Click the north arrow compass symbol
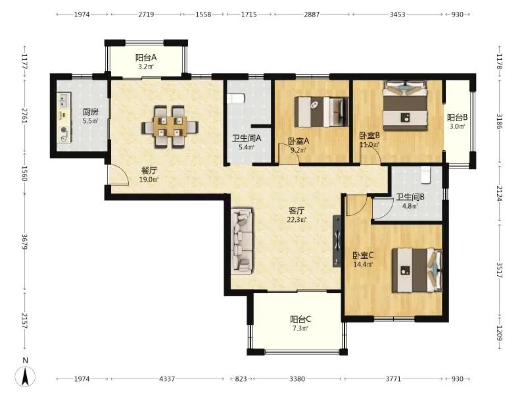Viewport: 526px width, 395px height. (x=25, y=375)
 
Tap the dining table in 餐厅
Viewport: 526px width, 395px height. (x=170, y=126)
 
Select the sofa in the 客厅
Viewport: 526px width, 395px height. (x=242, y=240)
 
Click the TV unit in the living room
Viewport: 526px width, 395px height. (x=337, y=241)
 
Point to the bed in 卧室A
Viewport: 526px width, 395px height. (x=322, y=112)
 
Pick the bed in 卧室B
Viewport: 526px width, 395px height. (x=406, y=105)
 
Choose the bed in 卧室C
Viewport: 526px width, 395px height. (x=418, y=270)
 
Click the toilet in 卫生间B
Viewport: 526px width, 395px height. (x=425, y=175)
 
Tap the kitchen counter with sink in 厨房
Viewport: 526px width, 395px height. (x=64, y=117)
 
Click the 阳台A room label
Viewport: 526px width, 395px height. (x=146, y=57)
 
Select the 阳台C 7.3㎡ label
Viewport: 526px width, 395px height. (x=300, y=323)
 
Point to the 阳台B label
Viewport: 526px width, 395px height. (x=457, y=117)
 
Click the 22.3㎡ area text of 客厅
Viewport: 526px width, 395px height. (x=297, y=220)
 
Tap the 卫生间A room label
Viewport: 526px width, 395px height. (x=247, y=138)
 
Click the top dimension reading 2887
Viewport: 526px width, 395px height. (x=312, y=14)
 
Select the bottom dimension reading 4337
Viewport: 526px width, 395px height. (x=167, y=379)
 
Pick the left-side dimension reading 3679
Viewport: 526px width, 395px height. (x=24, y=242)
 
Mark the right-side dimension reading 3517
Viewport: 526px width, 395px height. (x=499, y=270)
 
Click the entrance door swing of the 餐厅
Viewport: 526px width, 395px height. (x=118, y=174)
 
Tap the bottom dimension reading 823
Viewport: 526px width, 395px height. (x=241, y=379)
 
